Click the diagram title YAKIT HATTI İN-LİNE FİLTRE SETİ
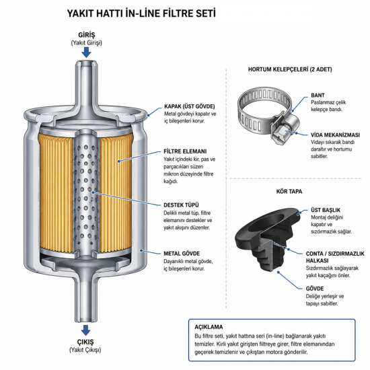pyautogui.click(x=141, y=13)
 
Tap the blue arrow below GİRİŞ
pyautogui.click(x=86, y=52)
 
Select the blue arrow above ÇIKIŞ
pyautogui.click(x=86, y=330)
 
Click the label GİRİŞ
pyautogui.click(x=87, y=35)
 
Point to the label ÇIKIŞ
pyautogui.click(x=85, y=342)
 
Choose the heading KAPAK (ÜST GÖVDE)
pyautogui.click(x=190, y=106)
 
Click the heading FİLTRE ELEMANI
pyautogui.click(x=185, y=151)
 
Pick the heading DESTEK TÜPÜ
pyautogui.click(x=181, y=205)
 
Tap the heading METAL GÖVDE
pyautogui.click(x=182, y=254)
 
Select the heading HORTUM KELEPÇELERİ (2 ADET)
pyautogui.click(x=290, y=69)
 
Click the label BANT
pyautogui.click(x=318, y=96)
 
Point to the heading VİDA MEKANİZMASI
pyautogui.click(x=335, y=135)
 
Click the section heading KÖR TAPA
pyautogui.click(x=289, y=191)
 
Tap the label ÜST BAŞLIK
pyautogui.click(x=326, y=210)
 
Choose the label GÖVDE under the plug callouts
pyautogui.click(x=315, y=289)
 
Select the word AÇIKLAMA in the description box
pyautogui.click(x=209, y=327)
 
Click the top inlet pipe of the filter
pyautogui.click(x=86, y=85)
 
